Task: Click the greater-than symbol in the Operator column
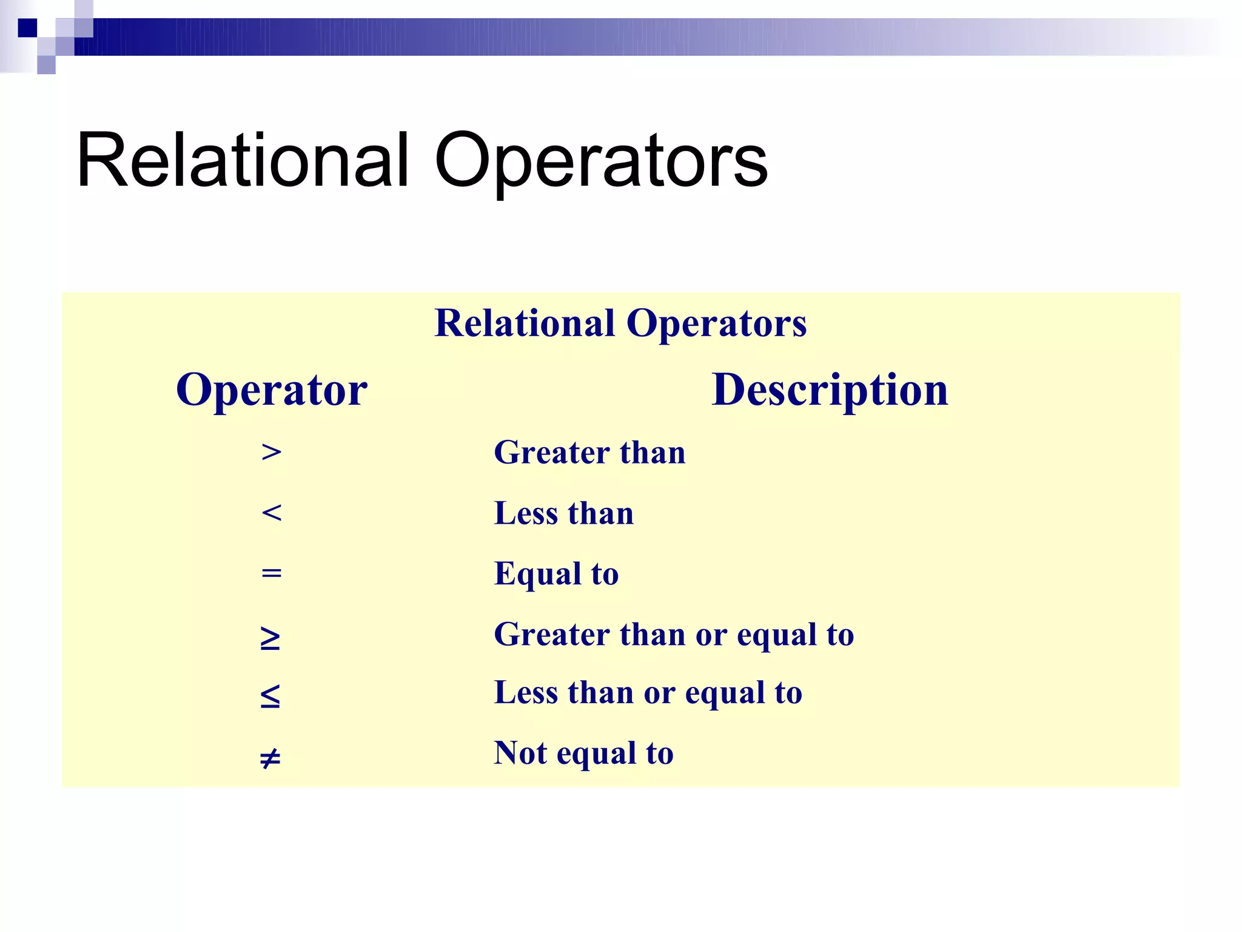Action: tap(271, 453)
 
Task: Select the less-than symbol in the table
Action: tap(271, 513)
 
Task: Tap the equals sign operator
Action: tap(271, 572)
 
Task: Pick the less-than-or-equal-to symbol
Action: tap(270, 697)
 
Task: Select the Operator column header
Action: tap(272, 390)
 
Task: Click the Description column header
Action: tap(829, 390)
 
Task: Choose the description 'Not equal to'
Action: tap(583, 754)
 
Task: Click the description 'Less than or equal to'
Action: tap(648, 693)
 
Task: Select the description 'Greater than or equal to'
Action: tap(674, 635)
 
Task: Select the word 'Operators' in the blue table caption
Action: tap(716, 323)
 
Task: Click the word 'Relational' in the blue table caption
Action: tap(525, 323)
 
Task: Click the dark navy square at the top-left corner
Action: tap(27, 28)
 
